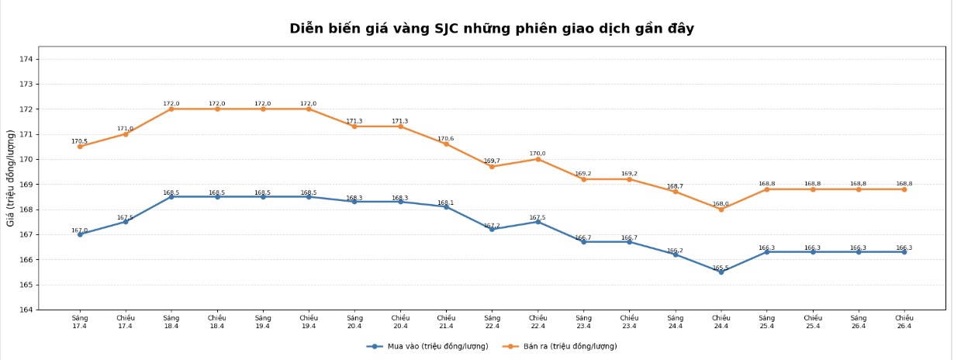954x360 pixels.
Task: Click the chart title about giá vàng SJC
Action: [x=492, y=29]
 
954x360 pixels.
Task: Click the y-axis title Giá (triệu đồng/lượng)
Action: [x=11, y=178]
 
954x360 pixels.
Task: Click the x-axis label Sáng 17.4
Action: [x=80, y=321]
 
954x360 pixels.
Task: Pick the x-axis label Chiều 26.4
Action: [x=904, y=321]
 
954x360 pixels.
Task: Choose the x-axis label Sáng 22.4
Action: [x=492, y=321]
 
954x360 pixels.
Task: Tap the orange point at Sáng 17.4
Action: [x=80, y=147]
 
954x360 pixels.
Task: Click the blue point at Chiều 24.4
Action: [x=721, y=272]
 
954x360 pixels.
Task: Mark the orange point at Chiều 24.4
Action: [x=721, y=209]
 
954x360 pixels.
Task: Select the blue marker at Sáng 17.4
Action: [x=80, y=234]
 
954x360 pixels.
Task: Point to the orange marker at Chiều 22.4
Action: [x=537, y=159]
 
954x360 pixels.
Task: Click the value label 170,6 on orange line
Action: [x=446, y=139]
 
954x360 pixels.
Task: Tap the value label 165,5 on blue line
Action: [x=721, y=268]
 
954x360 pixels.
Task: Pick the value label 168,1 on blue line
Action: [x=446, y=202]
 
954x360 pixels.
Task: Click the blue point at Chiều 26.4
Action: [x=904, y=251]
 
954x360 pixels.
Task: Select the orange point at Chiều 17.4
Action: [x=126, y=134]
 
